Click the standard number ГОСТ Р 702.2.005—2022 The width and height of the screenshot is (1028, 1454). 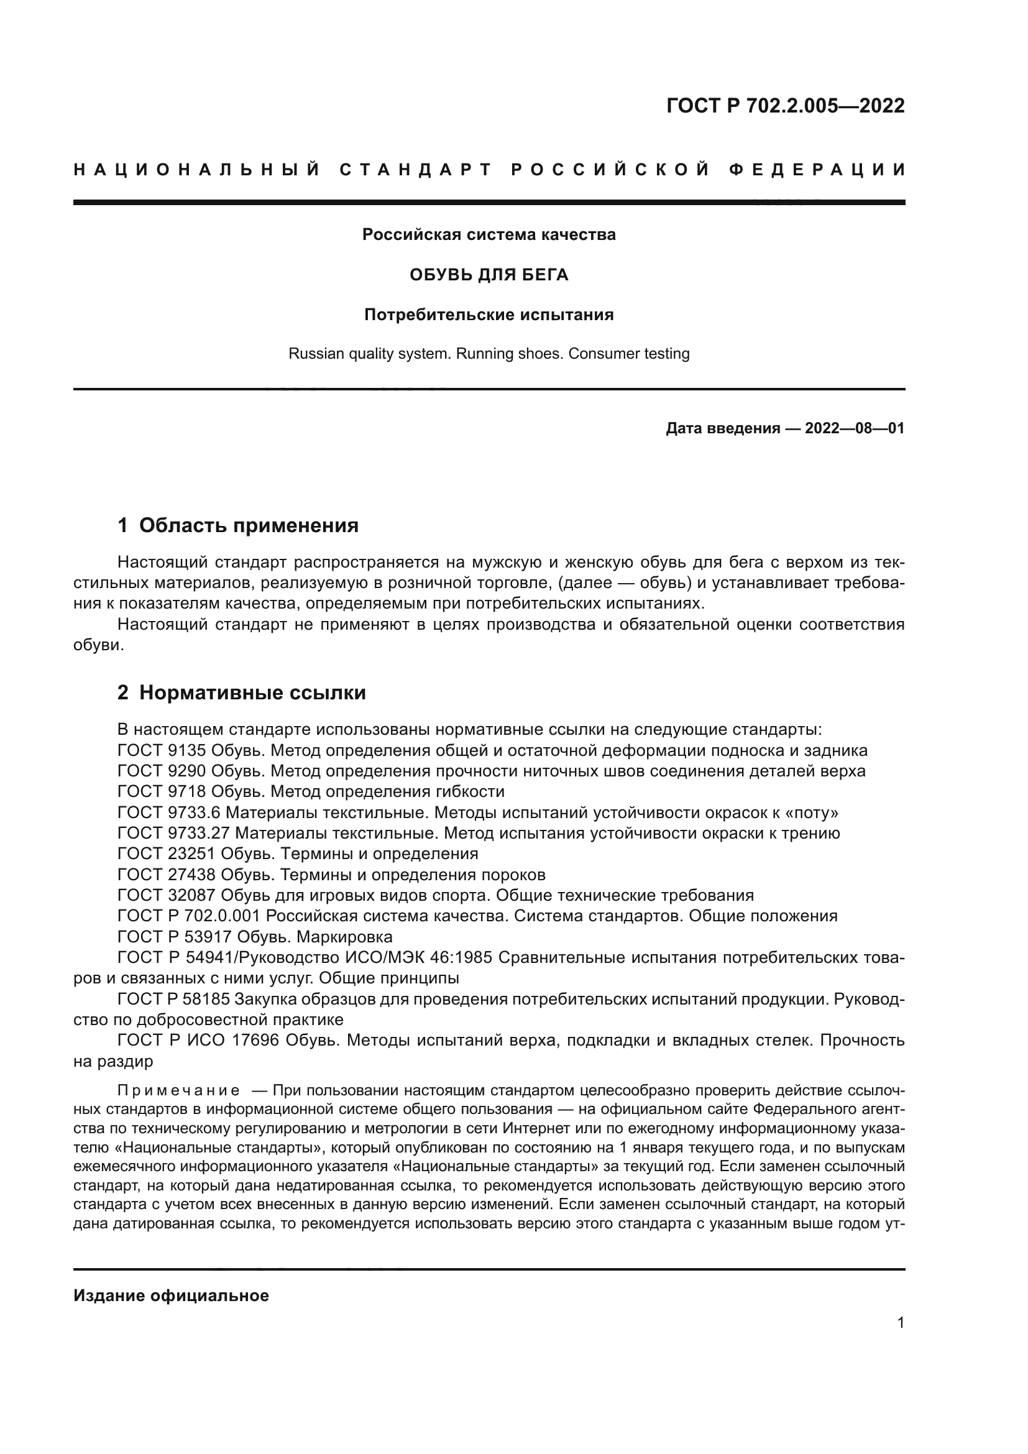click(x=785, y=106)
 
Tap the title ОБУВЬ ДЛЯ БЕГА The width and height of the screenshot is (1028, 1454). click(x=489, y=275)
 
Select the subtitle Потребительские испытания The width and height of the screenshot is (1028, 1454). click(x=489, y=315)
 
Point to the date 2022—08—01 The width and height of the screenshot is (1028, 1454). click(x=855, y=429)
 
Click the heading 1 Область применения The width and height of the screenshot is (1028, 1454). click(x=238, y=525)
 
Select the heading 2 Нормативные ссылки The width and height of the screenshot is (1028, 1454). click(x=242, y=692)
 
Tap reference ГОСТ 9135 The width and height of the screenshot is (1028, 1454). click(x=162, y=751)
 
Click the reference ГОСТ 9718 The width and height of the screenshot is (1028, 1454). click(x=162, y=792)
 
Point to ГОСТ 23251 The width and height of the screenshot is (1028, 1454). click(x=167, y=854)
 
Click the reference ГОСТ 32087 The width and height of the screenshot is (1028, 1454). click(x=167, y=895)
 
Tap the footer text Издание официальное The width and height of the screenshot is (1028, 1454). click(x=171, y=1295)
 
